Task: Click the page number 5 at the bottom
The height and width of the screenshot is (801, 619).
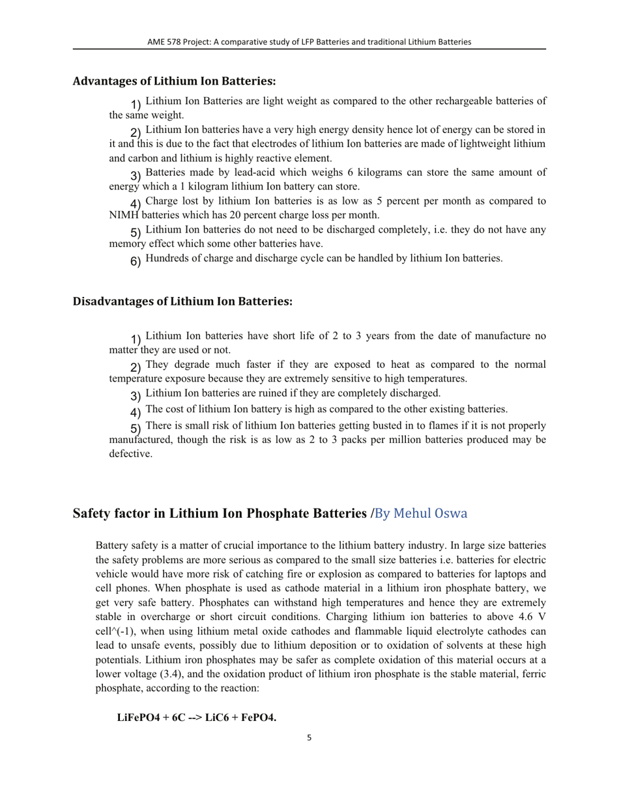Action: point(309,738)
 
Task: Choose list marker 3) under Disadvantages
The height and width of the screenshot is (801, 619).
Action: point(136,396)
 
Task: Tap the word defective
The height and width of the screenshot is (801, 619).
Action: point(130,454)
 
